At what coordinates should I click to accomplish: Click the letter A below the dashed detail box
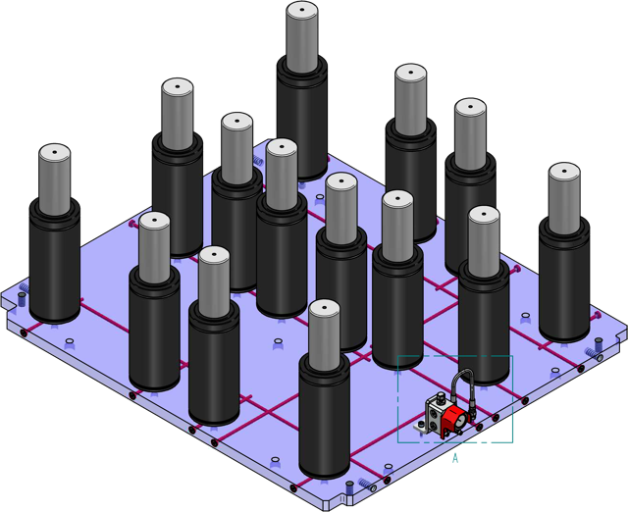pos(455,458)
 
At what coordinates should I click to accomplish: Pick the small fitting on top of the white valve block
pos(442,398)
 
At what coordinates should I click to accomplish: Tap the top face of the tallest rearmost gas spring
pos(302,10)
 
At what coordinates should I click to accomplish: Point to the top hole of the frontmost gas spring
pos(325,308)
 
